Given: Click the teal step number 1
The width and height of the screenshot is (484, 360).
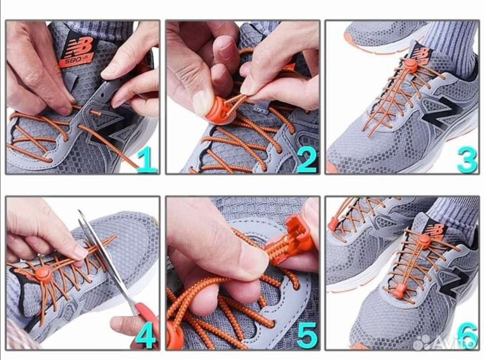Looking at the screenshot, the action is click(x=147, y=159).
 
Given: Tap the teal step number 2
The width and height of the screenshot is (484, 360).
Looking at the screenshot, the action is click(x=307, y=159).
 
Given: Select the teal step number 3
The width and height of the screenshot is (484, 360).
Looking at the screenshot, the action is click(x=467, y=160).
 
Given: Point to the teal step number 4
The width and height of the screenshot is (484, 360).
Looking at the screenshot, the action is click(x=146, y=336).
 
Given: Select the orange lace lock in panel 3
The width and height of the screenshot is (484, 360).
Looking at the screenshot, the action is click(x=411, y=66).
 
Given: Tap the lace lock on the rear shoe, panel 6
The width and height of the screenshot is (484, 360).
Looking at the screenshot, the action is click(x=332, y=224).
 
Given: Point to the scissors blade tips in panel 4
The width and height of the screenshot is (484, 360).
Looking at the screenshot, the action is click(x=81, y=216).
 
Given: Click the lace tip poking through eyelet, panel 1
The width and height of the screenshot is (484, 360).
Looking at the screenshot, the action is click(x=95, y=112).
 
